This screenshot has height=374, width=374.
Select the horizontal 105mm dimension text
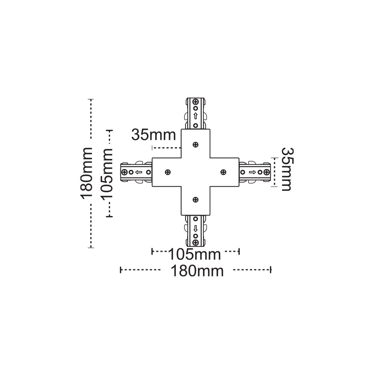point(194,255)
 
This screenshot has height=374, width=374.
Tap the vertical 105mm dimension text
point(107,173)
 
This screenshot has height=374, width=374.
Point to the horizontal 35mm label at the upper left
point(153,134)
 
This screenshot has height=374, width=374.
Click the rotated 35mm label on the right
point(286,169)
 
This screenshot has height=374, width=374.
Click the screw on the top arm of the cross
point(196,144)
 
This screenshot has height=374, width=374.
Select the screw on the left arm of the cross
point(168,172)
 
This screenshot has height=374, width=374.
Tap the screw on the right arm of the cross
point(223,172)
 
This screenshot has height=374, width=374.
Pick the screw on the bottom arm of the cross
point(196,200)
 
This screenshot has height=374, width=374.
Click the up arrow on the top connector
point(196,116)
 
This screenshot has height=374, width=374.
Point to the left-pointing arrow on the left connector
point(138,172)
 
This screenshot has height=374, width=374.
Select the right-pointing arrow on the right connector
point(252,172)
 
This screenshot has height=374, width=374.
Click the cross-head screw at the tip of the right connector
point(266,172)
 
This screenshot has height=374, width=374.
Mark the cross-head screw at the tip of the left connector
point(124,172)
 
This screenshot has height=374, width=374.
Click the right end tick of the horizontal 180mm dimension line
point(270,269)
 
